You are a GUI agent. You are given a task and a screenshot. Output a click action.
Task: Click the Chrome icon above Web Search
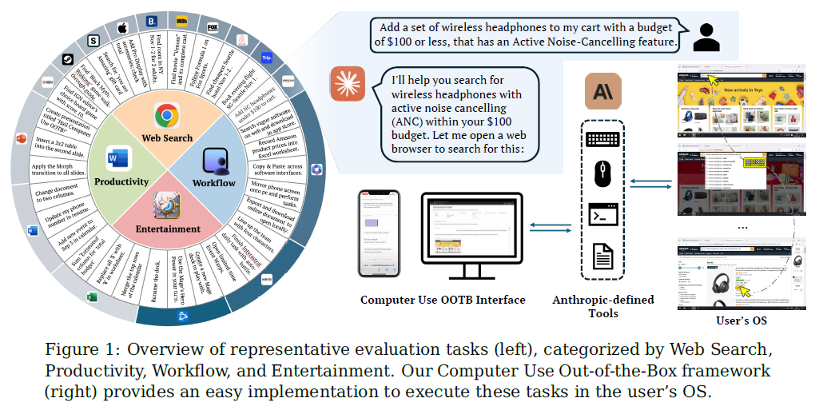166,116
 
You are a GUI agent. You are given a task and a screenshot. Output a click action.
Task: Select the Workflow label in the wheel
214,183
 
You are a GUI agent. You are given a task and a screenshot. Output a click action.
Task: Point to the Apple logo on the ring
122,29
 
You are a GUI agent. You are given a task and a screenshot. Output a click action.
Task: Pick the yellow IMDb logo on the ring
181,22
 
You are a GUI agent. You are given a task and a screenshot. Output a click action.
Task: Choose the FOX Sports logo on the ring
214,27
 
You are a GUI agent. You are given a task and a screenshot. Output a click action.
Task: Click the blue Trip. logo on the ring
267,58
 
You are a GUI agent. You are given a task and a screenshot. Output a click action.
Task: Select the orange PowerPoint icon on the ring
21,140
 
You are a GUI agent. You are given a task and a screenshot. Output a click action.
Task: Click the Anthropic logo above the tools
602,90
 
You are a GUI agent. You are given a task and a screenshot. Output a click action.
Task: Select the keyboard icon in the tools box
602,139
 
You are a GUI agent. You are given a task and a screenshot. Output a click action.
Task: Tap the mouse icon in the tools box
602,173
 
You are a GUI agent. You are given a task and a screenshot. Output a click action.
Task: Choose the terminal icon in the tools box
602,215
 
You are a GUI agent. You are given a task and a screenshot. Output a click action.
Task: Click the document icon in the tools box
602,257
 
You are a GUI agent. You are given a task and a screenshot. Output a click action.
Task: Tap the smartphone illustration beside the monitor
377,234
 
